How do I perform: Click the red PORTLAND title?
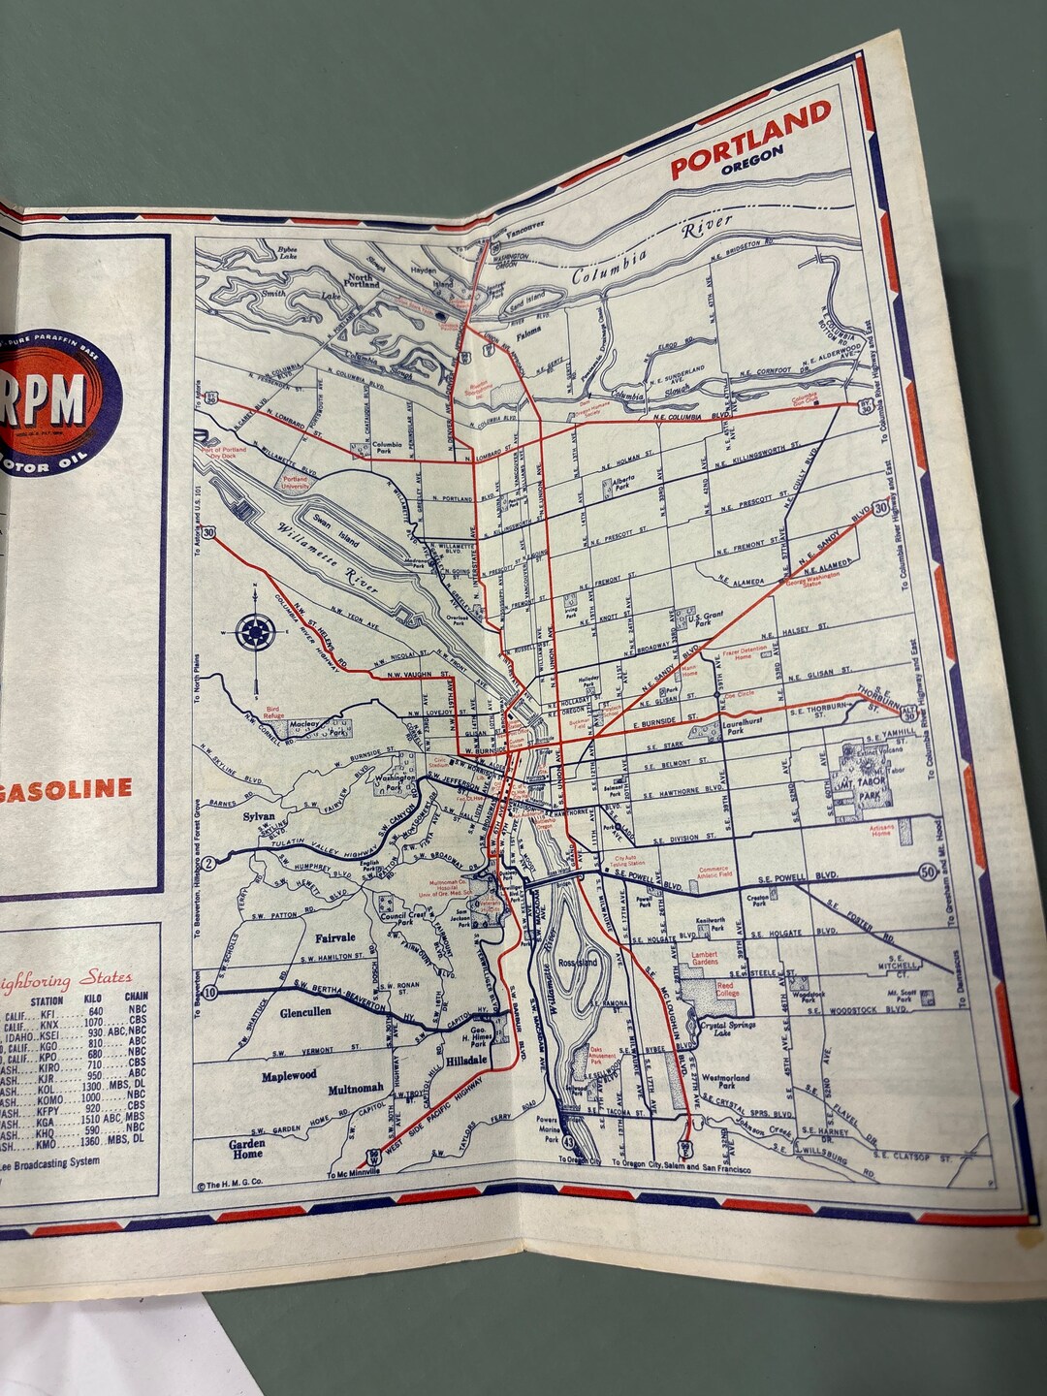(751, 141)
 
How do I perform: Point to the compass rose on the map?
(254, 632)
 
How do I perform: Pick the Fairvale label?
(335, 938)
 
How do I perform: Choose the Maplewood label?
(289, 1076)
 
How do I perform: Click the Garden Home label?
(247, 1149)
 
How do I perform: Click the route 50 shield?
(929, 873)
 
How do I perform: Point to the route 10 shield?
(210, 992)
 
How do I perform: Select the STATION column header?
(46, 1000)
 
